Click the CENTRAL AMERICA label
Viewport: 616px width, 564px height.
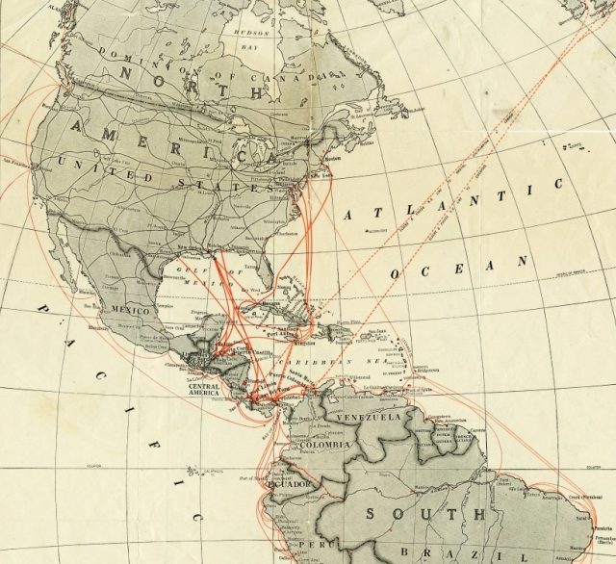[x=198, y=392]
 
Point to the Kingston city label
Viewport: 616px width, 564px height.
[x=297, y=344]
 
